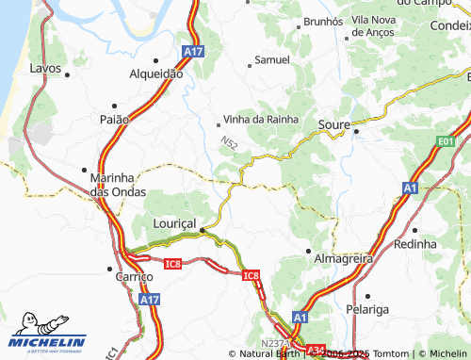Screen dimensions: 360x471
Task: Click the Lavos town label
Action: pos(45,69)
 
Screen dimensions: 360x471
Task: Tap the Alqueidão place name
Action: pos(155,72)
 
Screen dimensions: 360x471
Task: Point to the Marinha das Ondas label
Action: pos(114,184)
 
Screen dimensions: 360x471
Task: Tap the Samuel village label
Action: pos(272,59)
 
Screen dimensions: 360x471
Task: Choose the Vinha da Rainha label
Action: pos(261,120)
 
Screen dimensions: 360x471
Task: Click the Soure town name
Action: pos(334,123)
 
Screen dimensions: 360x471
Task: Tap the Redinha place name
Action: pos(415,243)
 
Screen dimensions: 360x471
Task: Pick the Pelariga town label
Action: pos(394,308)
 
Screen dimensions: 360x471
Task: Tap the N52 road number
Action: pos(230,142)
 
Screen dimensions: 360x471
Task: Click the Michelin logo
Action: pos(47,335)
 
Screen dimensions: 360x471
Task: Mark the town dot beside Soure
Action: pos(356,131)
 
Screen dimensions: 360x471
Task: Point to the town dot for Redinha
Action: pos(414,229)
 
